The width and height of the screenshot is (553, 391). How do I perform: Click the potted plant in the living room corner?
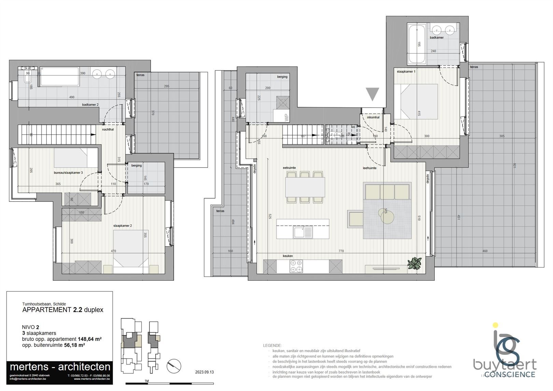point(415,263)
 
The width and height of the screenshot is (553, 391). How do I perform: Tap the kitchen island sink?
point(302,233)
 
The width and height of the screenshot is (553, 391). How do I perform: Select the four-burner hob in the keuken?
point(296,266)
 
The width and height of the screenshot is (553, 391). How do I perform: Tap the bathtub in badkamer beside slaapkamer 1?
point(417,44)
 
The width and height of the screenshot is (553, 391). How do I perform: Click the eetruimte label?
point(289,168)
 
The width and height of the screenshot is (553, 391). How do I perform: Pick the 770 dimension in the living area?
point(341,251)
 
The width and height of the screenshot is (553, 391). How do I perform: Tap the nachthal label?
point(108,130)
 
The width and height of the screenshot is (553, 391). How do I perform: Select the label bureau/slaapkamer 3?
point(68,173)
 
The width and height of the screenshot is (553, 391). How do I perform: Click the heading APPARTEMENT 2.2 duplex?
point(62,310)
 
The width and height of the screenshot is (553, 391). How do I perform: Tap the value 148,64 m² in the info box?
point(90,339)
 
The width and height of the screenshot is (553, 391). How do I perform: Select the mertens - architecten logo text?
point(60,367)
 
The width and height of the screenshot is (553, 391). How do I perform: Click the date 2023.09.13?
point(204,372)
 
